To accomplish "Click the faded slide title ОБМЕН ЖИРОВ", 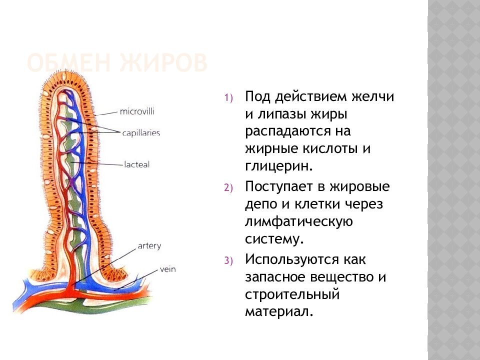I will click(x=116, y=64).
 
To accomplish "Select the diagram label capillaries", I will click(x=140, y=133).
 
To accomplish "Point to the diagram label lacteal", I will click(x=137, y=164).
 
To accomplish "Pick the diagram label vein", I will click(x=168, y=269).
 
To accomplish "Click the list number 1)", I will click(x=228, y=98).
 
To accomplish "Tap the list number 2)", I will click(x=228, y=188).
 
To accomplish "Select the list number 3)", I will click(x=228, y=261).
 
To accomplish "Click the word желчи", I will click(x=370, y=96).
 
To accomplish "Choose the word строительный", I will click(x=292, y=294).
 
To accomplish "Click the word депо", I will click(x=261, y=204).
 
